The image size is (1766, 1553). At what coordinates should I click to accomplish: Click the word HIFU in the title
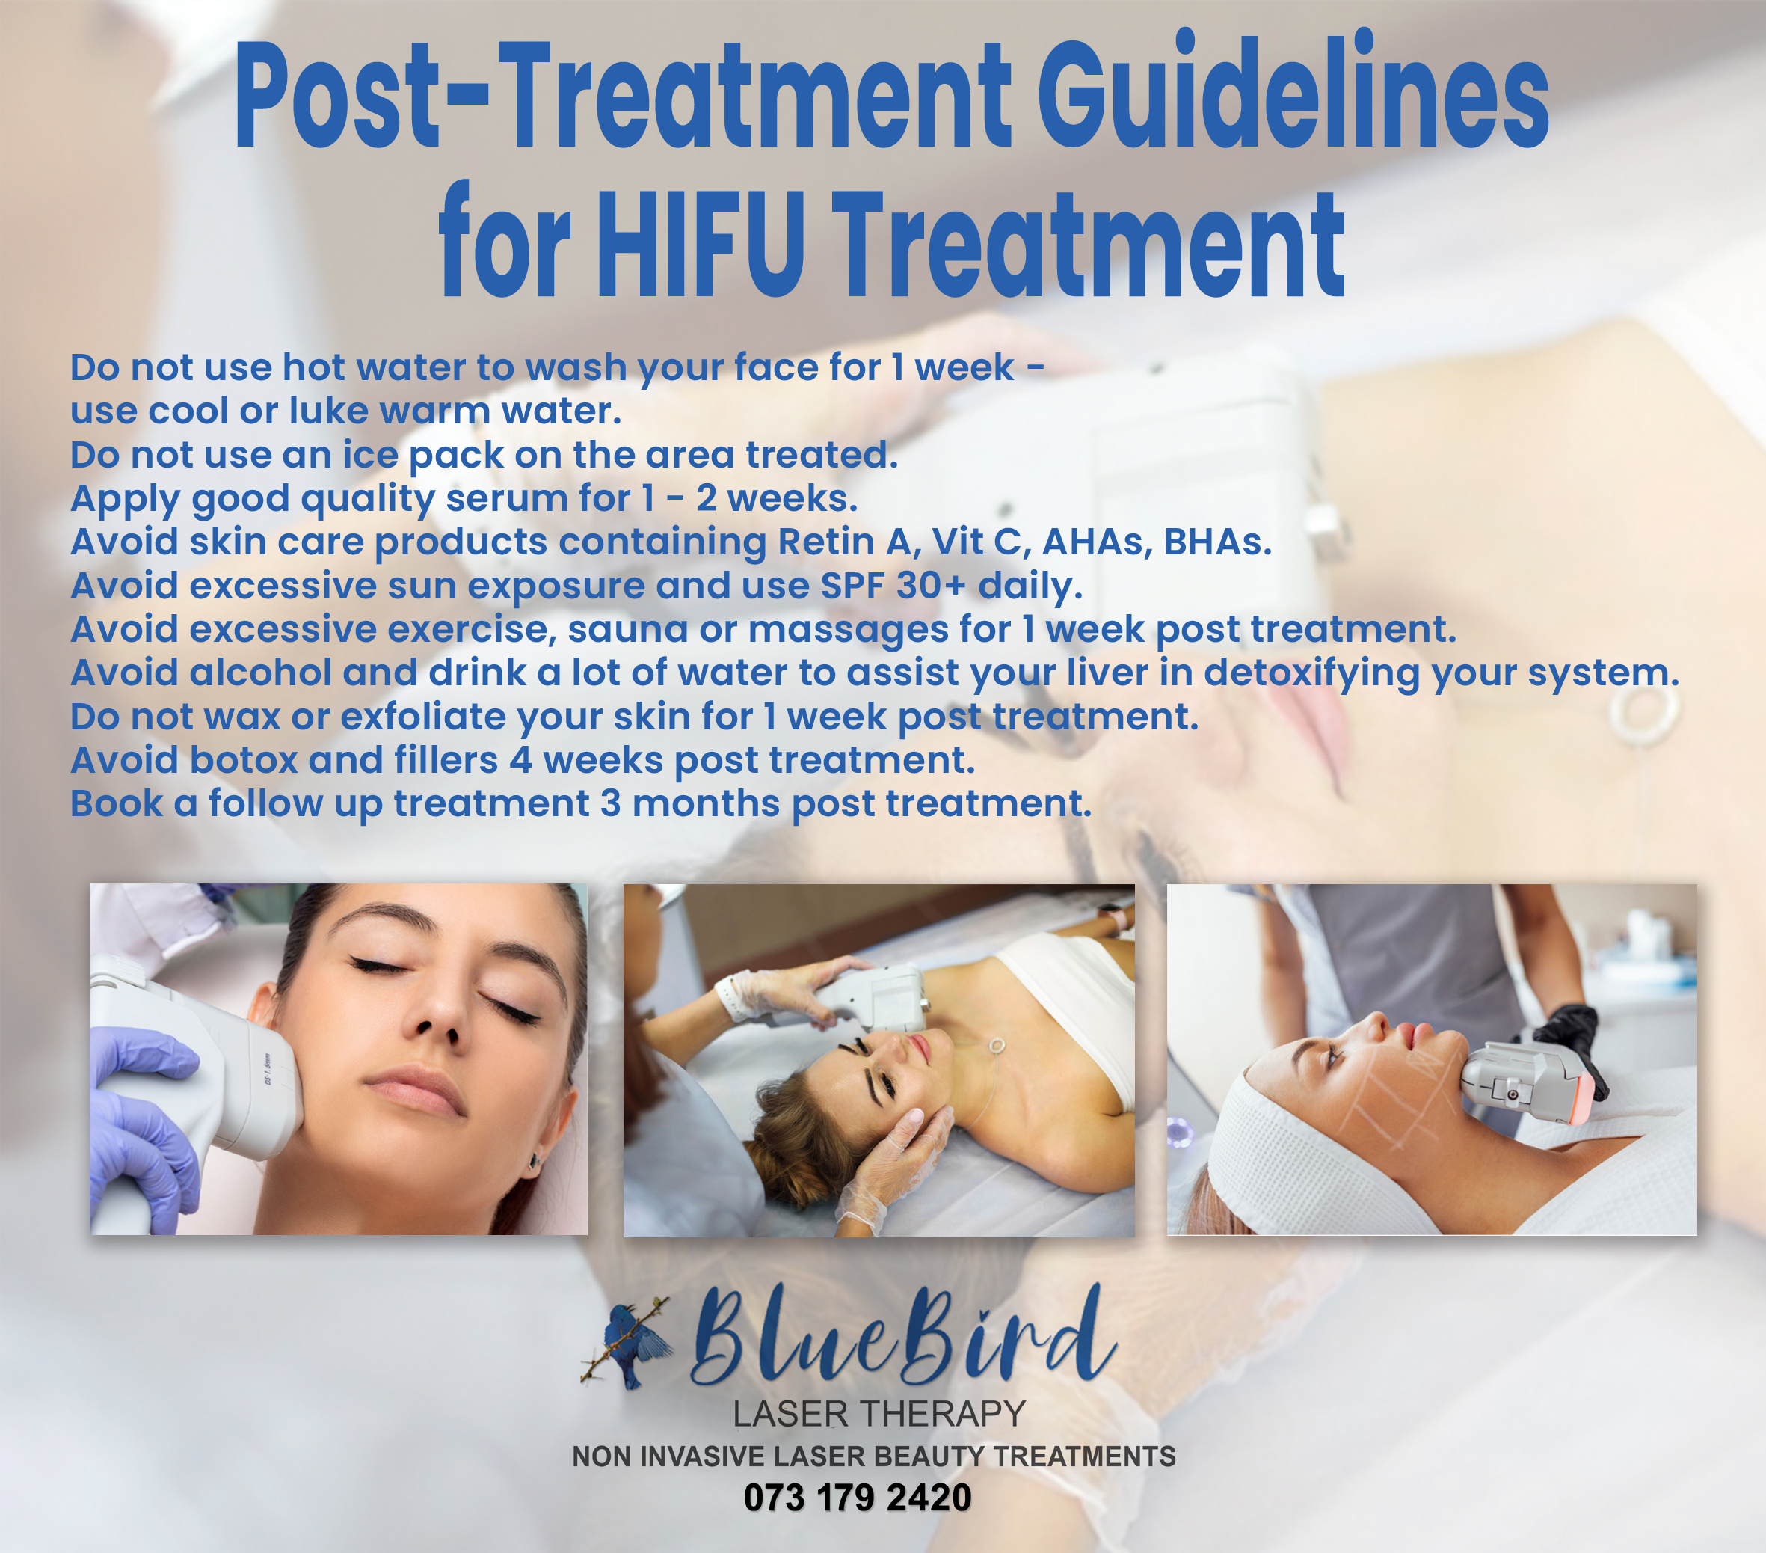701,245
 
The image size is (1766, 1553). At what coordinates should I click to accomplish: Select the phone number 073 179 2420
857,1498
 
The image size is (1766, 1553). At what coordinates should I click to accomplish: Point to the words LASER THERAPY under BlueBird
879,1415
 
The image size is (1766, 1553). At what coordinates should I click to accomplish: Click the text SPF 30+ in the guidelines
893,586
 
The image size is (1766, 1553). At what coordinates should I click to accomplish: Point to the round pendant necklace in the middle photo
997,1046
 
